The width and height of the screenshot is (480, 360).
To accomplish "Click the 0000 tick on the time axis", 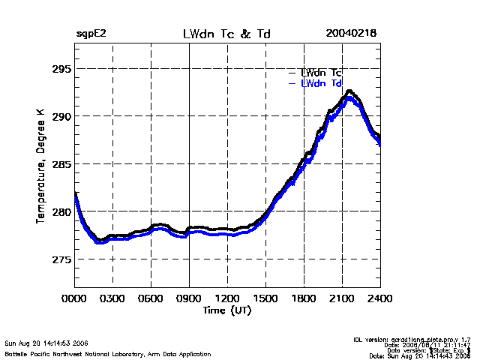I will point(74,298).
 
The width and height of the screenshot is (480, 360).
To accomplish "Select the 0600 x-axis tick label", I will point(151,298).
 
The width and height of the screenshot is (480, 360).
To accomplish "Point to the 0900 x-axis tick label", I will point(189,298).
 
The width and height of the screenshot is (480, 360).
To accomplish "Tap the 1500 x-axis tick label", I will point(265,298).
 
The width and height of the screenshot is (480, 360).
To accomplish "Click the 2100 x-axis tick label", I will point(342,298).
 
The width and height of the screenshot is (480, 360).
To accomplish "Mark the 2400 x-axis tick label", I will point(379,298).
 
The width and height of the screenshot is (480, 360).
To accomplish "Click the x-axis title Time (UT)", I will point(227,310).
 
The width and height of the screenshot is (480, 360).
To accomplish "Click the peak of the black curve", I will point(349,91).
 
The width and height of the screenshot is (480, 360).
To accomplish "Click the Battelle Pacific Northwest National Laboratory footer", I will point(107,353).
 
